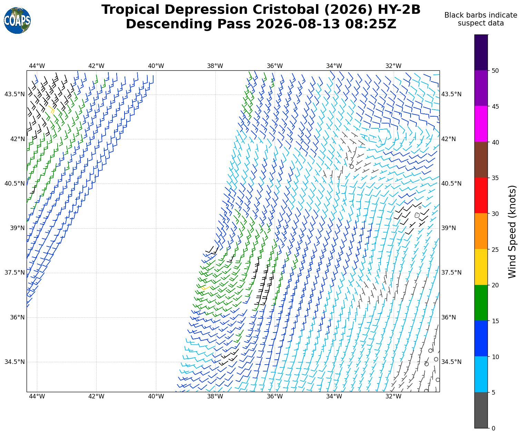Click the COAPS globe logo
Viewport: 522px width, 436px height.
tap(17, 20)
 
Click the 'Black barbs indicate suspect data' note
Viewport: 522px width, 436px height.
tap(481, 19)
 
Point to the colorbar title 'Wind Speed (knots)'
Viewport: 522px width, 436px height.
tap(512, 232)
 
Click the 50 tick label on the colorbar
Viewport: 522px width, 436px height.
tap(495, 71)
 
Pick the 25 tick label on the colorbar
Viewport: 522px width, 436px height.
tap(495, 249)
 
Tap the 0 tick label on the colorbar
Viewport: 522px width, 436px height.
tap(493, 428)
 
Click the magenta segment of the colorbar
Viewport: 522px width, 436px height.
tap(481, 124)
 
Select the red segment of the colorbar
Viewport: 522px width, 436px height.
tap(481, 196)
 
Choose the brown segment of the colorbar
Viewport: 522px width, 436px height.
tap(481, 160)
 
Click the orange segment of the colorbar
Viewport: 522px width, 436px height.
tap(481, 231)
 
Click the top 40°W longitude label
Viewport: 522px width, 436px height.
tap(156, 66)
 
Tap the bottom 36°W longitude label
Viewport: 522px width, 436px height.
tap(275, 396)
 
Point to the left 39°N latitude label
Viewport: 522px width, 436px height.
tap(17, 228)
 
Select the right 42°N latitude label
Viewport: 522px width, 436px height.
tap(449, 139)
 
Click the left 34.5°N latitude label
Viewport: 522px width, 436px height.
tap(15, 362)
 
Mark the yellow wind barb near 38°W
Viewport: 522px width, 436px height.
tap(205, 288)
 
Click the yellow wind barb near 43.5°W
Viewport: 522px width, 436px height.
tap(51, 109)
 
